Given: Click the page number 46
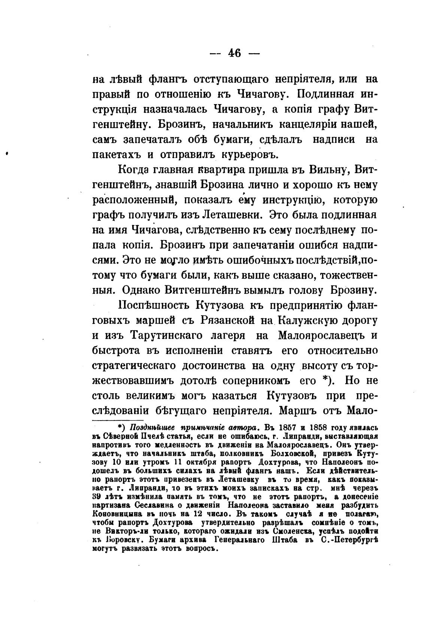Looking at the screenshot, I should click(x=234, y=53).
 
